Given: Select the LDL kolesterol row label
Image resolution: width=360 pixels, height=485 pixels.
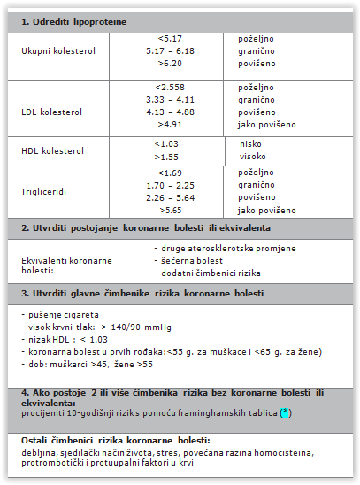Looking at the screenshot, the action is tap(51, 112).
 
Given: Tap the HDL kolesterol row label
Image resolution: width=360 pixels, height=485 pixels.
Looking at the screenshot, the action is tap(51, 150).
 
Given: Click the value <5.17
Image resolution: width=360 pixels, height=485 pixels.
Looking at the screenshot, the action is tap(168, 40).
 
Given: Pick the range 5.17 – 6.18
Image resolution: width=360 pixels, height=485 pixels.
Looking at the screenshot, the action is tap(170, 52).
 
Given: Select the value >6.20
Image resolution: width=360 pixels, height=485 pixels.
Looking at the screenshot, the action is tap(168, 65).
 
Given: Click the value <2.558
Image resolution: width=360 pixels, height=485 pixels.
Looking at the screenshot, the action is tap(170, 88).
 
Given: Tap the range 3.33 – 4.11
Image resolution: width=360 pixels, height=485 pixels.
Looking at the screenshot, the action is tap(170, 100).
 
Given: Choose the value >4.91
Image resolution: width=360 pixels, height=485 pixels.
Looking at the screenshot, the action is tap(170, 125).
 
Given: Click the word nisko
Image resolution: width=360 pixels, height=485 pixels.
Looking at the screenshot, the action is tap(252, 143).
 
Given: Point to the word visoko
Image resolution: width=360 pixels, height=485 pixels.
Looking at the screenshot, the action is tap(253, 156).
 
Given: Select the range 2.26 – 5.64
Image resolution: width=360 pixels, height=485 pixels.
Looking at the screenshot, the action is tap(170, 198).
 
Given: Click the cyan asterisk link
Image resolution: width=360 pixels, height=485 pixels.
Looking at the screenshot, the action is tap(283, 413).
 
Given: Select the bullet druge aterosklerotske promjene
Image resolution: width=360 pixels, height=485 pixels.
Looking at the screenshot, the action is tap(221, 249).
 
